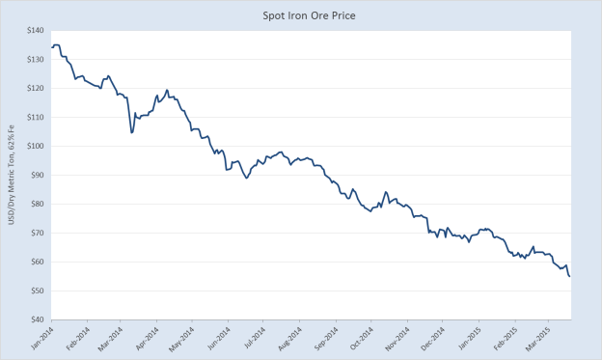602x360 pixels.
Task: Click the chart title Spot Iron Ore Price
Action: [x=301, y=15]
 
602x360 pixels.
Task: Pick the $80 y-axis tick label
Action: [x=37, y=204]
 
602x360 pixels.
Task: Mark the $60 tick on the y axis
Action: [x=37, y=262]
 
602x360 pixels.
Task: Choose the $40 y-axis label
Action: [x=37, y=319]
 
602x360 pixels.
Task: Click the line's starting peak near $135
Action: [x=56, y=44]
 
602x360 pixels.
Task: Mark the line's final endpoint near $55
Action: [x=569, y=277]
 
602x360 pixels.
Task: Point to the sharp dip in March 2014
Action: [x=131, y=132]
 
